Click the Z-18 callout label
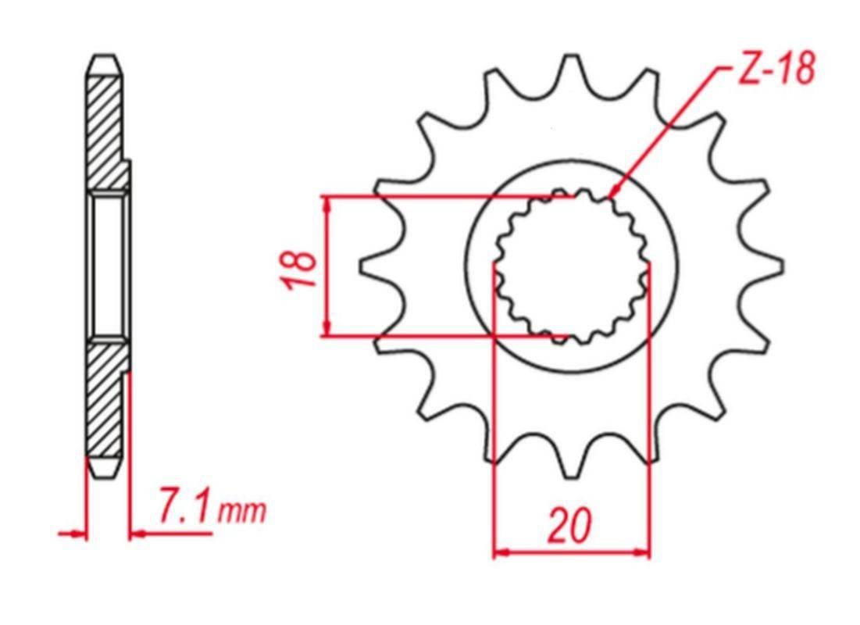776,70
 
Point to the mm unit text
242,512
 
